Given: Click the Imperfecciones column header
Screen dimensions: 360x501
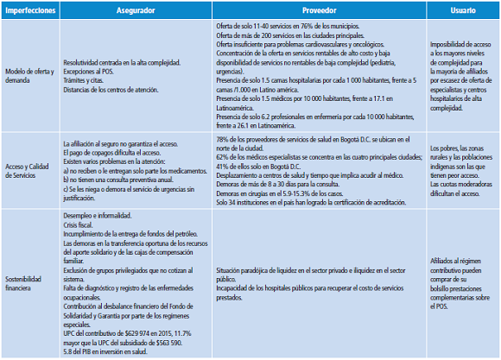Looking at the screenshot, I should click(x=31, y=7).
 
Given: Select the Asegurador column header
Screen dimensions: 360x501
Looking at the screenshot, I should click(x=136, y=7).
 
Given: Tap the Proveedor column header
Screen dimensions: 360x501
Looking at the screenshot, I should click(x=320, y=7).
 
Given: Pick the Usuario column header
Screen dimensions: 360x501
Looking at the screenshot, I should click(x=463, y=7).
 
